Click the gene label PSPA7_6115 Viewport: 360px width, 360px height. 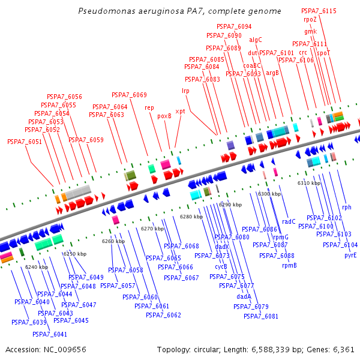(319, 11)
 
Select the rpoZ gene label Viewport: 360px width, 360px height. (310, 20)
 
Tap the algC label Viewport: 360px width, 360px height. (256, 40)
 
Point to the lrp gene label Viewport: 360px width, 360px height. (185, 91)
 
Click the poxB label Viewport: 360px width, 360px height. (164, 116)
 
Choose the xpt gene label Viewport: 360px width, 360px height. (180, 112)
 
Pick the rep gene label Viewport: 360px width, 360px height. (149, 107)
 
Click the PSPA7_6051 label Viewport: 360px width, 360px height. (25, 142)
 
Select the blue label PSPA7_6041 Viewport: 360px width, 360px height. (50, 334)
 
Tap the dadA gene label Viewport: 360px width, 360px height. (244, 296)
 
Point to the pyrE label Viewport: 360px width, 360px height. (350, 256)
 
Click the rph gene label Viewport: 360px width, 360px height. (347, 208)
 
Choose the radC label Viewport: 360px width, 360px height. (289, 222)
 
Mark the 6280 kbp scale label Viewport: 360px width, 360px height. (191, 217)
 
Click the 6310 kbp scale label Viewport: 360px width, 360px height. (309, 183)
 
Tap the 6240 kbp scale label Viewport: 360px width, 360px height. (37, 267)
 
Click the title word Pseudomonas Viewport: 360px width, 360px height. (107, 11)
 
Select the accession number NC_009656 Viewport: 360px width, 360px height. (65, 350)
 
